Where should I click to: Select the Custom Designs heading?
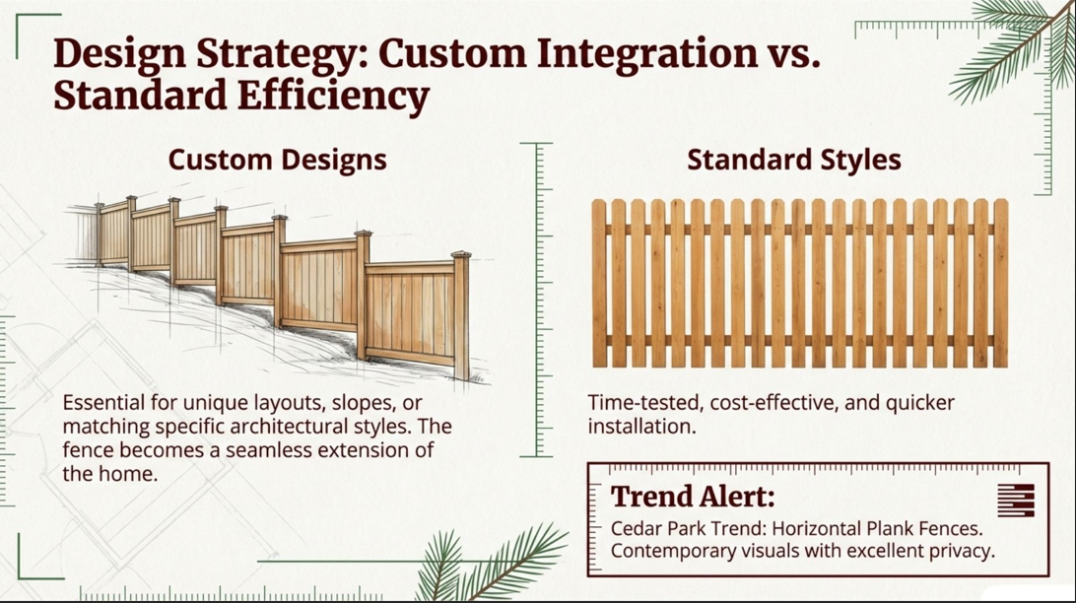(x=277, y=160)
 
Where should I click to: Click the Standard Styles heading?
(x=794, y=160)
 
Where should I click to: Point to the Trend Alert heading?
(x=693, y=497)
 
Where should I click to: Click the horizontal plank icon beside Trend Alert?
(x=1016, y=500)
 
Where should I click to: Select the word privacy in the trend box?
(x=961, y=552)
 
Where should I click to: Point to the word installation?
(x=641, y=426)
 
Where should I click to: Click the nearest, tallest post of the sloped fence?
(x=462, y=315)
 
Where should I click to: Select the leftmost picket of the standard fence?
(x=599, y=283)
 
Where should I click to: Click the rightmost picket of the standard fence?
(x=1000, y=283)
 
